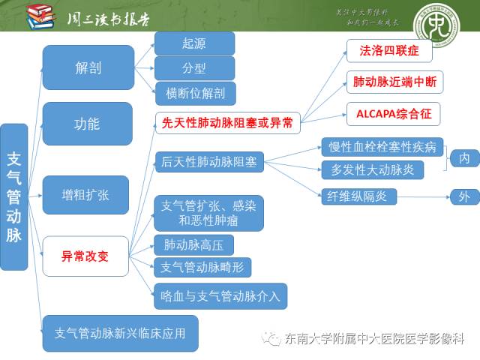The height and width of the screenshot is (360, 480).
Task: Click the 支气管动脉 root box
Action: (x=14, y=196)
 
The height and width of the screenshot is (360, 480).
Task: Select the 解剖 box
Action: (x=88, y=68)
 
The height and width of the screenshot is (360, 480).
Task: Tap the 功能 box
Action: (x=88, y=124)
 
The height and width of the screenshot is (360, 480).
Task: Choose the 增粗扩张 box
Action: (x=85, y=194)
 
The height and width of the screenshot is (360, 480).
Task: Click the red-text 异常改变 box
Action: (x=85, y=256)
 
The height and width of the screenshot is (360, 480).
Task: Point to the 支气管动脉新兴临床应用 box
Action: (x=120, y=332)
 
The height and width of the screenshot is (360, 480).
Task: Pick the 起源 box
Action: (x=193, y=43)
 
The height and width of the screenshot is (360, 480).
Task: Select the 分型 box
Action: (x=193, y=68)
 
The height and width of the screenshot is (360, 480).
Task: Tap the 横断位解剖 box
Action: (x=195, y=93)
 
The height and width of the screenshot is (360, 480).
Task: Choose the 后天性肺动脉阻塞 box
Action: (x=208, y=162)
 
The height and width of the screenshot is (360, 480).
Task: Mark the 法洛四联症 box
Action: (x=389, y=51)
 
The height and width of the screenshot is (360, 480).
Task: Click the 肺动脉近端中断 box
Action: (x=394, y=81)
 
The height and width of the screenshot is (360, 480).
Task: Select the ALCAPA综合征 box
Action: (x=393, y=114)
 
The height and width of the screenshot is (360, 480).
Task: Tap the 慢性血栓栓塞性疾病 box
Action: (x=382, y=146)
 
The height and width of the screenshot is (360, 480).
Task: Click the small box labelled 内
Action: (x=464, y=158)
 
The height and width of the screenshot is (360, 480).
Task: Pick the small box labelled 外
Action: (x=464, y=197)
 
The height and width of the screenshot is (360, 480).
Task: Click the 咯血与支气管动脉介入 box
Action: (x=220, y=296)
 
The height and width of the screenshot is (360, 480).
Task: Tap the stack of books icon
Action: (x=40, y=16)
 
